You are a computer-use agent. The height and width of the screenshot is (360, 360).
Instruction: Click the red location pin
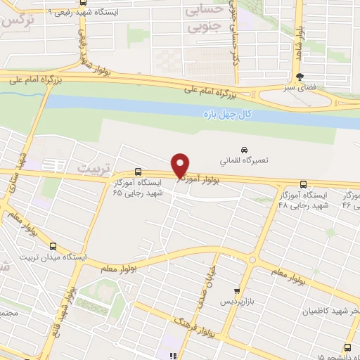pos(180,165)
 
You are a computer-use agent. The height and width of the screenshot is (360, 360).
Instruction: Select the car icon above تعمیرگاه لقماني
pos(244,150)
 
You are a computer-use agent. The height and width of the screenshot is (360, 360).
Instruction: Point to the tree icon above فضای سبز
pos(301,77)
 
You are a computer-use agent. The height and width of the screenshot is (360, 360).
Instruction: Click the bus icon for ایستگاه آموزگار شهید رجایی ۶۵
pos(137,171)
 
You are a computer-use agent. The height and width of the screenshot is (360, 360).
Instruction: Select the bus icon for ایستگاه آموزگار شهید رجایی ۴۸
pos(303,184)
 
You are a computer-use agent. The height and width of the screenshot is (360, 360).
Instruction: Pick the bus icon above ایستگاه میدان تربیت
pos(54,245)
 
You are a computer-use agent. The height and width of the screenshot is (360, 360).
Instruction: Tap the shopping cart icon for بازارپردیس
pos(238,290)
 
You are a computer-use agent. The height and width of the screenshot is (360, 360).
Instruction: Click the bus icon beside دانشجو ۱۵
pos(348,347)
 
